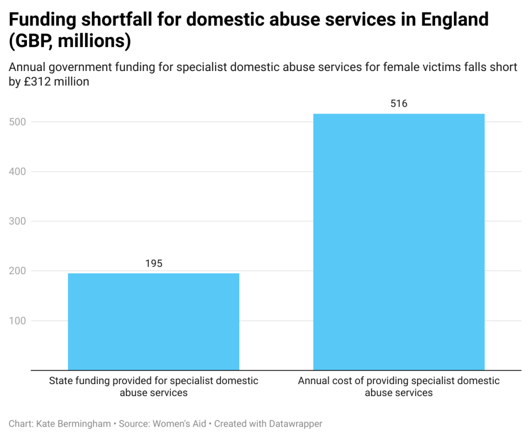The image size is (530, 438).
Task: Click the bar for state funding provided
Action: tap(153, 321)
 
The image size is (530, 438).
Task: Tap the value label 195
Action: tap(153, 263)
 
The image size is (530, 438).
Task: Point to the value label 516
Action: tap(398, 104)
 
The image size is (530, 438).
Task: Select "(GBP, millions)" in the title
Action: tap(70, 41)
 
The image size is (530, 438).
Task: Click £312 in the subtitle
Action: tap(37, 82)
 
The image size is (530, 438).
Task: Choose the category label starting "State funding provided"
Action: tap(153, 387)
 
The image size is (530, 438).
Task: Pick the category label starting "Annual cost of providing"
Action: tap(398, 387)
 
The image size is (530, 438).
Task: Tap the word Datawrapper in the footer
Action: tap(295, 423)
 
